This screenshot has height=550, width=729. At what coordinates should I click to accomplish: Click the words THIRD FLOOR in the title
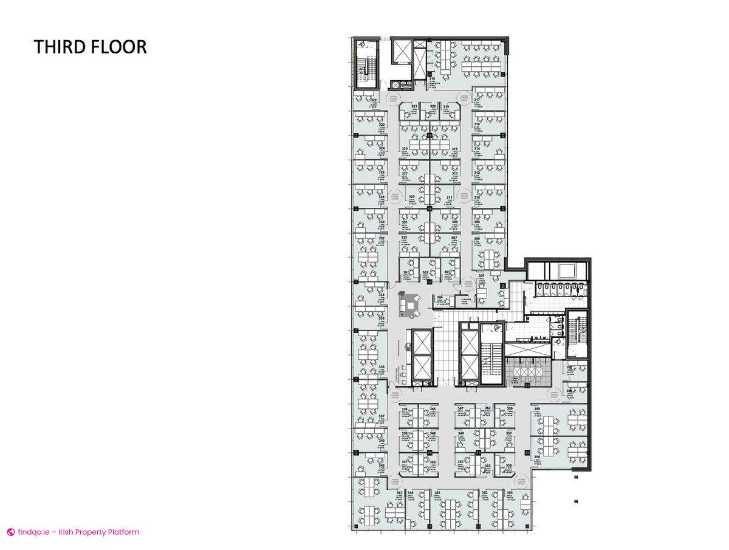coord(90,47)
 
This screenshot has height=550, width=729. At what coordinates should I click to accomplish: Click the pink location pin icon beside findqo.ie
coord(10,532)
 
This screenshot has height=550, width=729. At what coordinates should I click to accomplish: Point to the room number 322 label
coord(374,100)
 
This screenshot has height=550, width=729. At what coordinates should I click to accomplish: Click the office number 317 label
coord(477,100)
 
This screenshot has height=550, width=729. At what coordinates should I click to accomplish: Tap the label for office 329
coord(411,197)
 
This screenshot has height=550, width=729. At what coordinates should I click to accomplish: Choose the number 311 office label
coord(450,198)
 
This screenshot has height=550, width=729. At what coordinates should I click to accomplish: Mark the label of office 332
coord(382,238)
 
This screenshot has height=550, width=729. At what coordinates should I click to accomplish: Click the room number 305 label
coord(481,276)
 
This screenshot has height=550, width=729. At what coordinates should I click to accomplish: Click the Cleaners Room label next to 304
coord(467,299)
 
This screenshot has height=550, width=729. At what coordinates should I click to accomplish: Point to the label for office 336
coord(382,367)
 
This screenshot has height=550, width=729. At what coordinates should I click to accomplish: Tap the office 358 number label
coord(537,409)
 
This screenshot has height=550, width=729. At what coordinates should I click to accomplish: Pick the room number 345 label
coord(437,492)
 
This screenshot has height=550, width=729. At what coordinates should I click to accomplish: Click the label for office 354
coord(509,492)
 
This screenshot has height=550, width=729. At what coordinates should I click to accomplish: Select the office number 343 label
coord(399,492)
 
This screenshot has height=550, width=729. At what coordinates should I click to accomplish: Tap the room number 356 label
coord(537,457)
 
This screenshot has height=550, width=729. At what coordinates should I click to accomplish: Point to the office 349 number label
coord(460,433)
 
